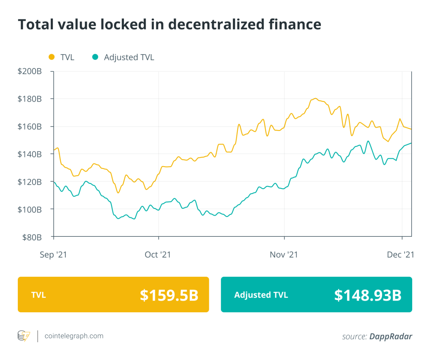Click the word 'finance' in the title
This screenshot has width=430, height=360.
(x=295, y=25)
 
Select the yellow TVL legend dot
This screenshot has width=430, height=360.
(x=52, y=57)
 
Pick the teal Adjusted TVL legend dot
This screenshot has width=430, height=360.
(x=95, y=57)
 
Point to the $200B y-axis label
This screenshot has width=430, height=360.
(x=30, y=71)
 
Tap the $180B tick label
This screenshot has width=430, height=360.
(x=30, y=99)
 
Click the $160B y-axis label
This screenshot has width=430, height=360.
(x=30, y=127)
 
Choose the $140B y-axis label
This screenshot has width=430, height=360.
(x=30, y=154)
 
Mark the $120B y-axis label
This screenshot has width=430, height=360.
(x=30, y=182)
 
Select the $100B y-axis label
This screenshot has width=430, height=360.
(x=30, y=210)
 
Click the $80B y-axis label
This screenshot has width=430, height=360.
(x=32, y=237)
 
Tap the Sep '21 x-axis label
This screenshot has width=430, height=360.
(x=53, y=255)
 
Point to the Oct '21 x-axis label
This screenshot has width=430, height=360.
(x=158, y=255)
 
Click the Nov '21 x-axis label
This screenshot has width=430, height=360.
(x=284, y=255)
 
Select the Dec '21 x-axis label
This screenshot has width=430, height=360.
(x=400, y=255)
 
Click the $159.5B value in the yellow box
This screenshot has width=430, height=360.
(x=169, y=295)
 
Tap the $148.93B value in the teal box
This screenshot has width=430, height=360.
(x=368, y=295)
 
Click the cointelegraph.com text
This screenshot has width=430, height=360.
(x=74, y=336)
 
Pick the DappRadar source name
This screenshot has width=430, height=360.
(x=391, y=336)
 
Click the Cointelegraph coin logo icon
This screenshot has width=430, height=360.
(x=24, y=336)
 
